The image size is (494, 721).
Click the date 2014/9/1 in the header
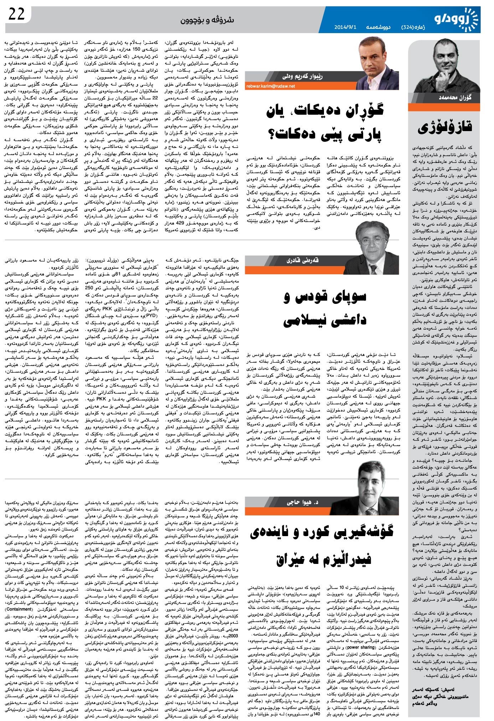tap(346, 27)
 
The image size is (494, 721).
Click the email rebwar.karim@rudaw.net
tap(271, 86)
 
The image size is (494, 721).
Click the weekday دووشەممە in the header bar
tap(377, 27)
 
